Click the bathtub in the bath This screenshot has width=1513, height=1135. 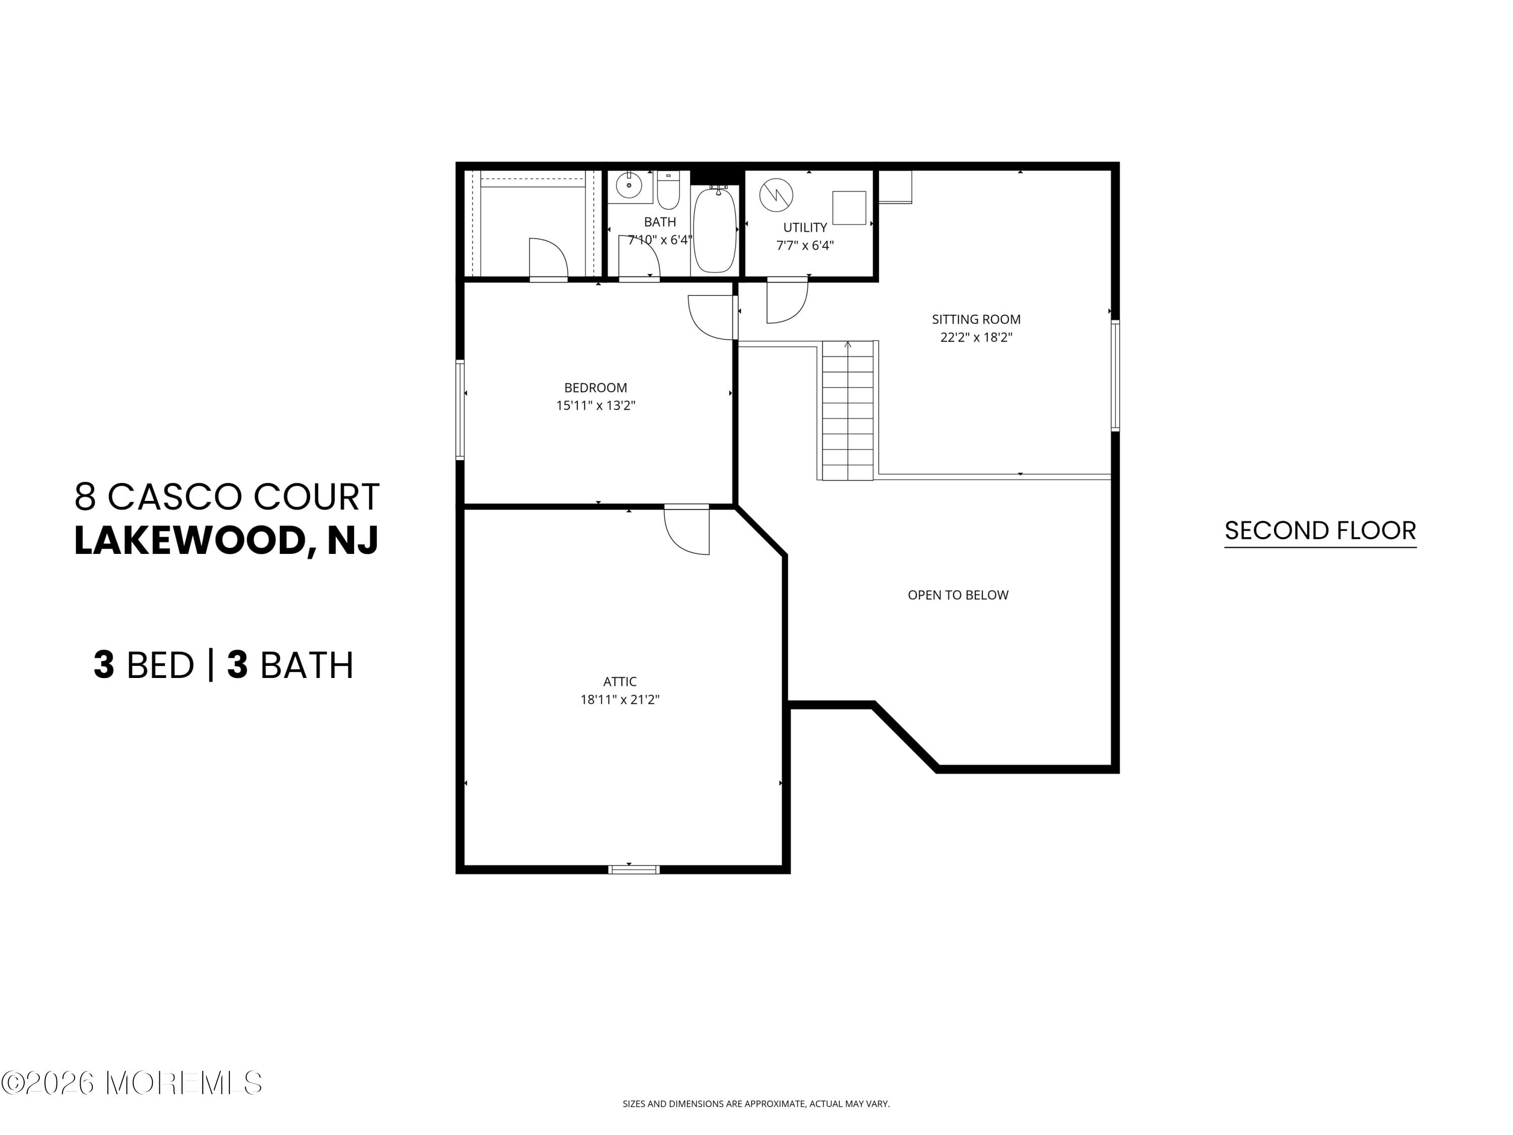[x=714, y=230]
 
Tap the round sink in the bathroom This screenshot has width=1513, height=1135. [x=628, y=185]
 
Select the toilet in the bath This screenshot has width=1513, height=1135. [x=668, y=191]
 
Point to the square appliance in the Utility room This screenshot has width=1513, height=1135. [x=849, y=207]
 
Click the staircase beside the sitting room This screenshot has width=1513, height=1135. [x=847, y=411]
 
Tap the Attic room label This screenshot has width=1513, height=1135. [x=620, y=682]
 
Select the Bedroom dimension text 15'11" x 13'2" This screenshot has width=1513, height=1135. [x=596, y=406]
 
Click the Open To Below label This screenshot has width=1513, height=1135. [x=958, y=595]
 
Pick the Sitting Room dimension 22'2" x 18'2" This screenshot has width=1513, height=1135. [x=976, y=337]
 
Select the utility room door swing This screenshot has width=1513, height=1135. [x=787, y=301]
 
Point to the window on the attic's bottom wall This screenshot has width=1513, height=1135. [x=634, y=870]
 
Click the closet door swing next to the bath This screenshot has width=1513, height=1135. [x=548, y=259]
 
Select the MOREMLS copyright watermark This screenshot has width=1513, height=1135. [x=131, y=1083]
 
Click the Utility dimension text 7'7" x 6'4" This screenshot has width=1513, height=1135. [x=805, y=246]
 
